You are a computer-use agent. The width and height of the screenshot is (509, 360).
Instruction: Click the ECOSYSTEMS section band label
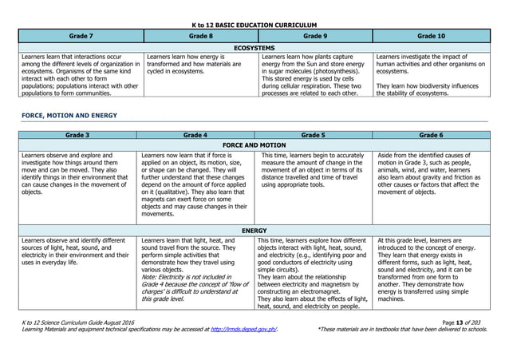(254, 48)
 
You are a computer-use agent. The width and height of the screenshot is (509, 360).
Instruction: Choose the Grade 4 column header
(196, 135)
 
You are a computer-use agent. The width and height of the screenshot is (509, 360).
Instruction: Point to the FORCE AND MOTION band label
(254, 145)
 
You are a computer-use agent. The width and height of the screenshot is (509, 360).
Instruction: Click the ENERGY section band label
(254, 230)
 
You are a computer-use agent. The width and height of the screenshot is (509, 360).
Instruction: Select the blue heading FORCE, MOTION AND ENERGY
(69, 115)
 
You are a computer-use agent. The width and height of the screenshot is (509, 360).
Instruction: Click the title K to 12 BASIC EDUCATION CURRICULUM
(254, 26)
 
